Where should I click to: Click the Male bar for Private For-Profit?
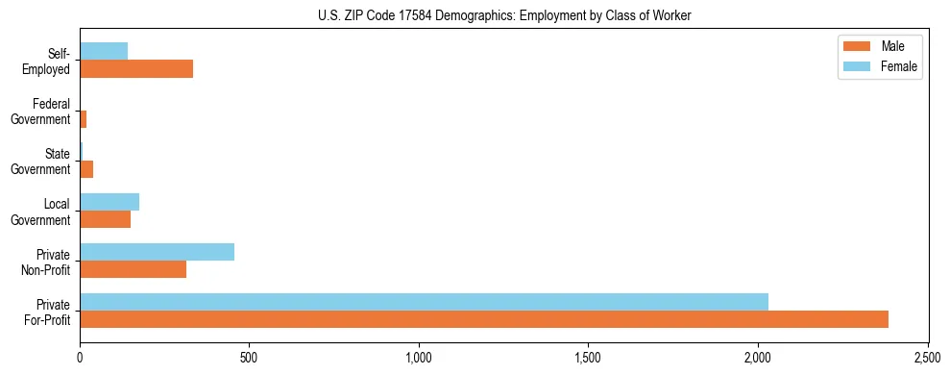coord(484,319)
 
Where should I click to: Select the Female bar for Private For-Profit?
coord(424,302)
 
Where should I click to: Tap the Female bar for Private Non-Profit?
coord(157,252)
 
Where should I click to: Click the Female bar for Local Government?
coord(110,202)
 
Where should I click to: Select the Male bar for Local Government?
coord(105,219)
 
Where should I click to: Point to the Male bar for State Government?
coord(86,169)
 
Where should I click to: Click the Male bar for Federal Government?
coord(84,119)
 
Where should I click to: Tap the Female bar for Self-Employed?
coord(104,52)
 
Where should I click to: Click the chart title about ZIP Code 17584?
coord(504,14)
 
